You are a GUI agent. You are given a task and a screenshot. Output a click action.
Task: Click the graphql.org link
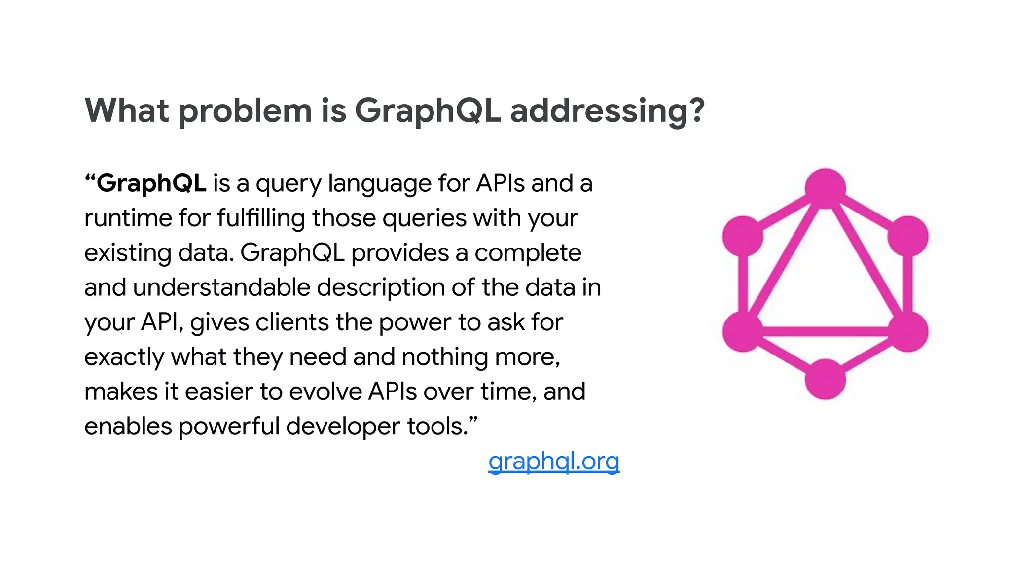[553, 461]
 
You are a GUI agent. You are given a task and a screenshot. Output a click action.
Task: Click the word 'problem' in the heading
[245, 110]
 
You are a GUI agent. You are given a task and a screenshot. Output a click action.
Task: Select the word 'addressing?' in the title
[607, 110]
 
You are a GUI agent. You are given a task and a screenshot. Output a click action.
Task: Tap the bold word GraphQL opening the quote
[151, 183]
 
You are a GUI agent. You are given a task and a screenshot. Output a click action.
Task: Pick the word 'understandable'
[221, 287]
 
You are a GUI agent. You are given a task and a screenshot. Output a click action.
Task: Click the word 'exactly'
[124, 357]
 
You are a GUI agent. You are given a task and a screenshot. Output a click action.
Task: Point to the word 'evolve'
[325, 392]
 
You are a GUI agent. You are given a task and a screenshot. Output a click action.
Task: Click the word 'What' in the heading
[127, 110]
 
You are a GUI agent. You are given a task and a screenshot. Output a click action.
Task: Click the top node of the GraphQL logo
[825, 188]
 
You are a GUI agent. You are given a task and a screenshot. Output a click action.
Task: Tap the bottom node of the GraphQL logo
[825, 379]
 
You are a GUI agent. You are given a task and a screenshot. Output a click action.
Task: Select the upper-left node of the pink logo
[743, 236]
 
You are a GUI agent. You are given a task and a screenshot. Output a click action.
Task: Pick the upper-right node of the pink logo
[908, 236]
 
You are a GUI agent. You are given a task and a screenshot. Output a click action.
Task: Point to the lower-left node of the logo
[743, 331]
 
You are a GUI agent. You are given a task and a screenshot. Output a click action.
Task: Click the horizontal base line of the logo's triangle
[825, 331]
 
